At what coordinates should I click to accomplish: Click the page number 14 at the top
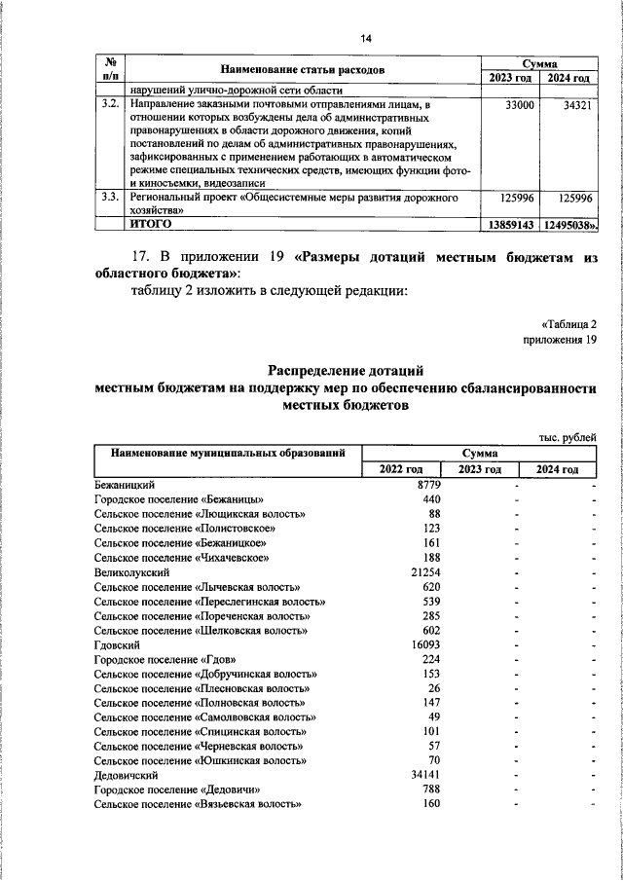pyautogui.click(x=366, y=38)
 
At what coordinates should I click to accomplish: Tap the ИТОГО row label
pyautogui.click(x=151, y=224)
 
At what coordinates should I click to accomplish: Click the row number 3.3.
pyautogui.click(x=110, y=198)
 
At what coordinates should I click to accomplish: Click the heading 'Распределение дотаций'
pyautogui.click(x=346, y=370)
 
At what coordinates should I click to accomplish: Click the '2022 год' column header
pyautogui.click(x=401, y=470)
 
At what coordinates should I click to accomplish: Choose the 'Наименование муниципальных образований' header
pyautogui.click(x=227, y=454)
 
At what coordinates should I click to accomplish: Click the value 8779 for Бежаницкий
pyautogui.click(x=428, y=485)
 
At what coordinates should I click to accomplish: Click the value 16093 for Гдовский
pyautogui.click(x=425, y=644)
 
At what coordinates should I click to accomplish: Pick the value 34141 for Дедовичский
pyautogui.click(x=425, y=775)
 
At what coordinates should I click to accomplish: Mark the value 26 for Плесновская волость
pyautogui.click(x=433, y=688)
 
